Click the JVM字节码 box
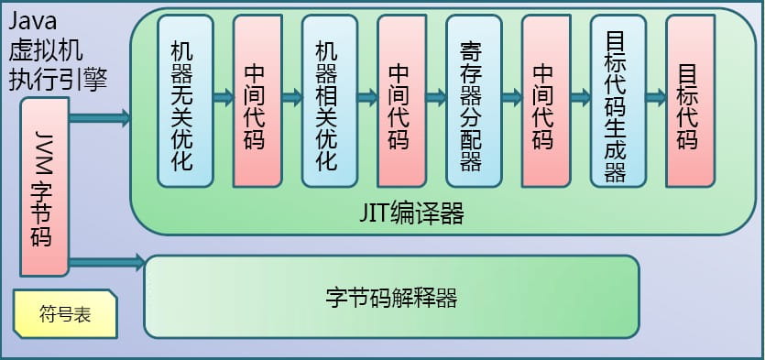coord(45,188)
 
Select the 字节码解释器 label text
coord(391,298)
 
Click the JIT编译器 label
coord(411,214)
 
